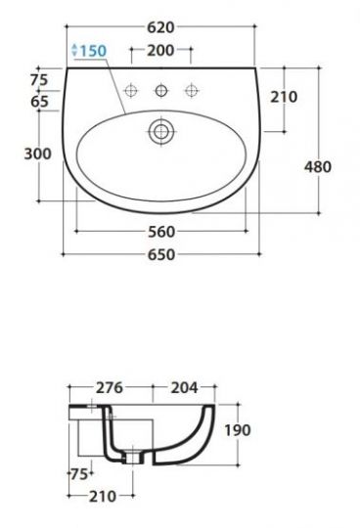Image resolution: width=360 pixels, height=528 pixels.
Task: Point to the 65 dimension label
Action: (x=40, y=101)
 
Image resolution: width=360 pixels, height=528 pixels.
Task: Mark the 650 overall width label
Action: (x=160, y=255)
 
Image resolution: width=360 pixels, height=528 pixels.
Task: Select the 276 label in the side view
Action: (x=110, y=387)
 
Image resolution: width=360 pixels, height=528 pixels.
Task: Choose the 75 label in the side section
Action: (x=77, y=475)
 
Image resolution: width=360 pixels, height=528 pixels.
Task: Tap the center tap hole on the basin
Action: (x=160, y=93)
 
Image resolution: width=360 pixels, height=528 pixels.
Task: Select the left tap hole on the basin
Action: (x=127, y=92)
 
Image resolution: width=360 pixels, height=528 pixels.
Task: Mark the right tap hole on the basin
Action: (x=193, y=92)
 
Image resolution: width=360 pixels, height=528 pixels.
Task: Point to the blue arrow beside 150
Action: (x=76, y=50)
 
